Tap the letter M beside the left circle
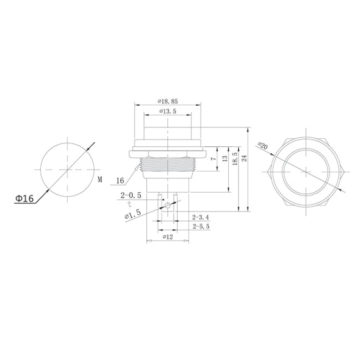pyautogui.click(x=100, y=179)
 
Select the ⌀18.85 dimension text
pyautogui.click(x=167, y=101)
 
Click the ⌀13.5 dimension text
pyautogui.click(x=167, y=111)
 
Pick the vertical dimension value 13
pyautogui.click(x=225, y=158)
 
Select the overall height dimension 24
pyautogui.click(x=244, y=158)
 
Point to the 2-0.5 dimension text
pyautogui.click(x=130, y=195)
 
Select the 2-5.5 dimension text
pyautogui.click(x=200, y=227)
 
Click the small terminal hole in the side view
pyautogui.click(x=167, y=206)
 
